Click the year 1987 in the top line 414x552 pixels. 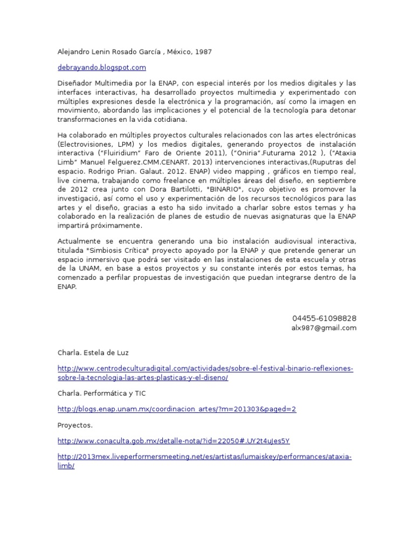coord(203,52)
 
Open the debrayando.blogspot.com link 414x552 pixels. coord(102,67)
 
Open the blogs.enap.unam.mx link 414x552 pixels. coord(177,409)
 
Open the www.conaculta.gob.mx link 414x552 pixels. coord(174,441)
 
